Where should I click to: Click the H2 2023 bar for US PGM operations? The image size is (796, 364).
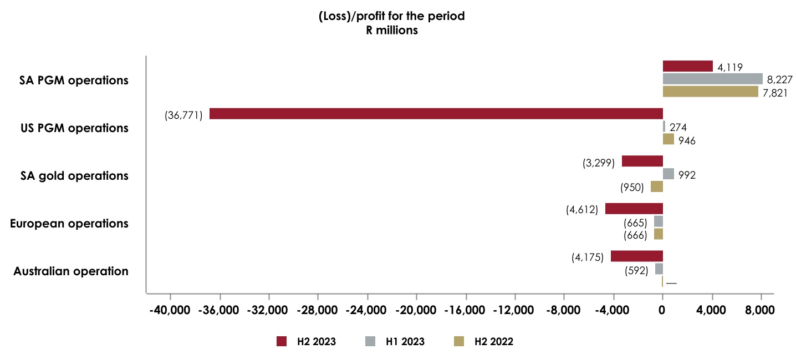point(436,114)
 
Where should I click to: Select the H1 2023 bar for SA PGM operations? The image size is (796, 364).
point(712,79)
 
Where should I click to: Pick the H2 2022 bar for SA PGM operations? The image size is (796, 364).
point(710,92)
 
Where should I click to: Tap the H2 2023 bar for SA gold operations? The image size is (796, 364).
point(642,161)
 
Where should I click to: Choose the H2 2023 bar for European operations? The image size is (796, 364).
point(634,209)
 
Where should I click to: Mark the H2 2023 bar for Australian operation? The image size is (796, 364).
point(636,256)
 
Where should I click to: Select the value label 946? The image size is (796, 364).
point(687,140)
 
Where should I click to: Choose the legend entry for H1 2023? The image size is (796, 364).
point(395,342)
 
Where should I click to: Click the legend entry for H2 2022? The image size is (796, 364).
point(484,342)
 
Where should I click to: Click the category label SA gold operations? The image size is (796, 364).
point(74,176)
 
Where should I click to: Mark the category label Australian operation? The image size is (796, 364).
point(71,271)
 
